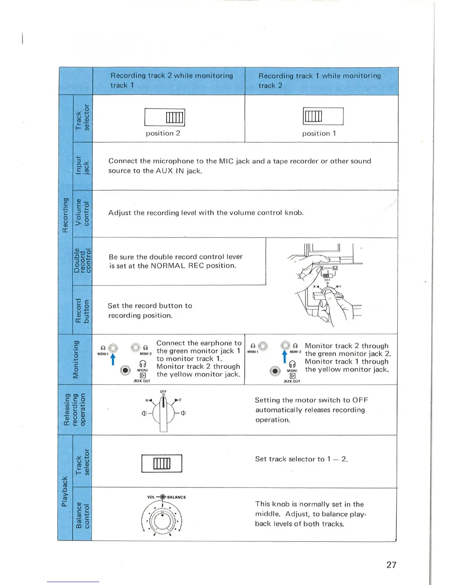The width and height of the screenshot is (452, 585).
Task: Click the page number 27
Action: pos(391,565)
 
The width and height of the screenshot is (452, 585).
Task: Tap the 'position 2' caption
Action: pos(163,133)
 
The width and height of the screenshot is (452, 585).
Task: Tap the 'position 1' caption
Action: pos(319,133)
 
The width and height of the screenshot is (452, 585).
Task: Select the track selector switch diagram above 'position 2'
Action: pos(165,117)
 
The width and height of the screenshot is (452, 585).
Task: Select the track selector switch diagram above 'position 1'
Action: pos(323,116)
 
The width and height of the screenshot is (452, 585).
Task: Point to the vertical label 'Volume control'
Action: pos(82,212)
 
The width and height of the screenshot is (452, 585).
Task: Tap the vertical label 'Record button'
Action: pos(82,310)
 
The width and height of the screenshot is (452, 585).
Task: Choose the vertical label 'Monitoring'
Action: pos(76,359)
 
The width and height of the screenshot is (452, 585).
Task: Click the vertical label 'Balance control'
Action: pos(82,515)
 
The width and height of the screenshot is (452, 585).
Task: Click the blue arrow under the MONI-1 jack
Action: pos(113,359)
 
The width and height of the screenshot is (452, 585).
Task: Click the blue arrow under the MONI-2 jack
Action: pos(284,356)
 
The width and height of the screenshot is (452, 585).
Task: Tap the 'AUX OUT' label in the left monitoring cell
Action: pos(142,381)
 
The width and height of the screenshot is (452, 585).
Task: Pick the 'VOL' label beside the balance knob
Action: pos(151,497)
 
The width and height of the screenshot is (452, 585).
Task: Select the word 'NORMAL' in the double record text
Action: pos(168,266)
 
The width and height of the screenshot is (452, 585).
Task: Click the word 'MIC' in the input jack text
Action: pos(226,161)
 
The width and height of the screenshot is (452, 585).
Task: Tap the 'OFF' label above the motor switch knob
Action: pos(163,391)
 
